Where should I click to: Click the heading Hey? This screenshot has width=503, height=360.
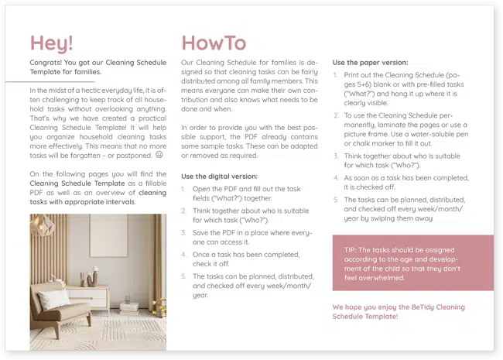[x=52, y=43]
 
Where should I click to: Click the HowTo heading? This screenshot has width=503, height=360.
[x=214, y=43]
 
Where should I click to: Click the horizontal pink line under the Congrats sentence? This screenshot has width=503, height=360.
[x=62, y=81]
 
